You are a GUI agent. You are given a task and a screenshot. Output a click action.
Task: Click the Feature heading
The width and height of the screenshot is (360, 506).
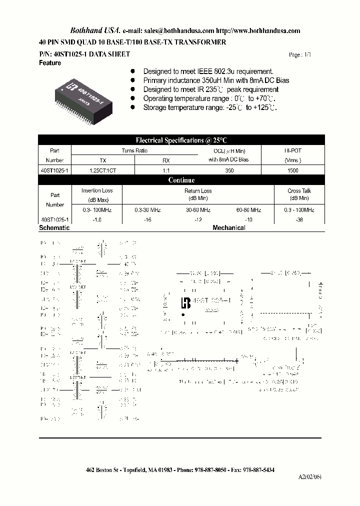50,63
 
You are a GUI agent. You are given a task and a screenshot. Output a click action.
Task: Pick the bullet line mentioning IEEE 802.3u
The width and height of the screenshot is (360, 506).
208,71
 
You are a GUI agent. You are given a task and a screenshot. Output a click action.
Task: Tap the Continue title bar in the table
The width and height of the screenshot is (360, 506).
181,180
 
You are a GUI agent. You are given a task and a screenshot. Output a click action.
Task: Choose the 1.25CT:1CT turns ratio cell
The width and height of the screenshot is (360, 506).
103,170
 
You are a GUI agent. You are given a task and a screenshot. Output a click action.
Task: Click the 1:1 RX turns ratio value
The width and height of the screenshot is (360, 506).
166,170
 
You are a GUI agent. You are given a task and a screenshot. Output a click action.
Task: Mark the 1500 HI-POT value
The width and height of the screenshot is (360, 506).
293,170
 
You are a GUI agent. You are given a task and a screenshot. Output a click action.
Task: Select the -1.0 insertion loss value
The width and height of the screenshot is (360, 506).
97,219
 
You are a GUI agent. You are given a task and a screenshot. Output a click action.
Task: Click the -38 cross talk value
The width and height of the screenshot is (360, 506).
299,219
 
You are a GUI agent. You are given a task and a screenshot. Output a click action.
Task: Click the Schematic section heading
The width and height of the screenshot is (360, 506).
54,228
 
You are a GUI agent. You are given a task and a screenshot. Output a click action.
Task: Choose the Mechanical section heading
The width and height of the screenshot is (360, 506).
229,228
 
